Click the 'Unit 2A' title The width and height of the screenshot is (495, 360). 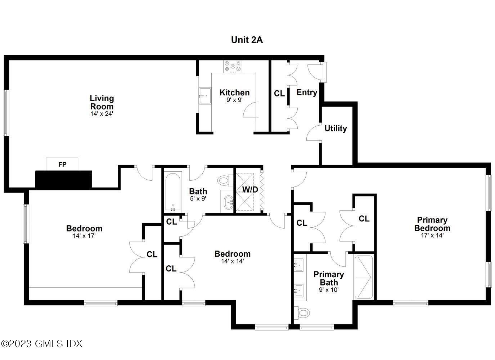coord(247,40)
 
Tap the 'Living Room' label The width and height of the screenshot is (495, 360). coord(102,102)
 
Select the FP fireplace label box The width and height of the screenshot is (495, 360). coord(62,165)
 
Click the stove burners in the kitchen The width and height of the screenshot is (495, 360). coord(233,66)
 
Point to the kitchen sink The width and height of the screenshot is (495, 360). coord(205,96)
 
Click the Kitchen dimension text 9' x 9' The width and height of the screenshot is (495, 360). coord(234,100)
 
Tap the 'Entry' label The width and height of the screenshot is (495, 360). coord(307,93)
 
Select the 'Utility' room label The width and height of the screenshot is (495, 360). coord(336,129)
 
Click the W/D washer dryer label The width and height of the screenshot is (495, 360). coord(250,189)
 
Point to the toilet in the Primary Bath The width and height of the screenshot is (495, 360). coord(302,312)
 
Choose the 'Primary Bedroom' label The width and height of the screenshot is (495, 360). coord(432,224)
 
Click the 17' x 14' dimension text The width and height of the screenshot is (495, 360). coord(432,235)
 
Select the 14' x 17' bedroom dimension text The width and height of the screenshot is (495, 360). coord(84,236)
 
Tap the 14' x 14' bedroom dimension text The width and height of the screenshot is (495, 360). coord(232,261)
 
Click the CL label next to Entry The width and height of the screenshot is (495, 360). coord(279,94)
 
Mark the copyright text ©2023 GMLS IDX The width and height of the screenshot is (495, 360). coord(42,343)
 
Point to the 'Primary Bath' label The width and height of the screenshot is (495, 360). coord(329,278)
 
